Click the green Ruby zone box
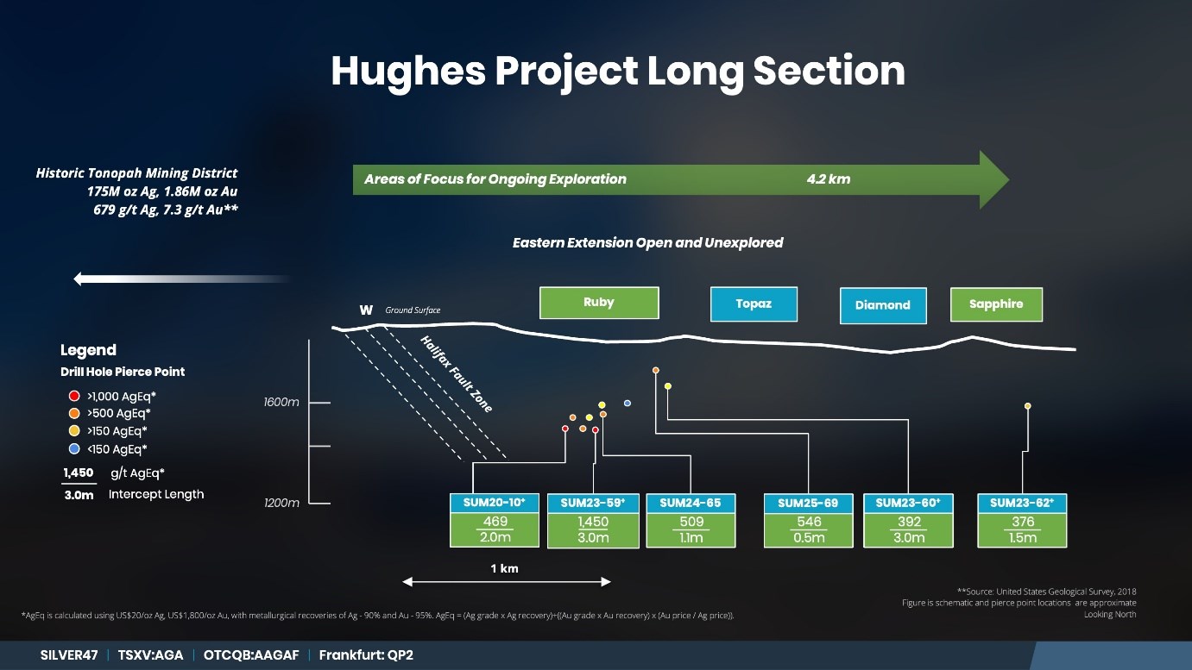click(x=599, y=304)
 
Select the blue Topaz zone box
click(x=754, y=304)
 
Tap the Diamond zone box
click(x=883, y=306)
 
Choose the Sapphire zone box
click(x=996, y=304)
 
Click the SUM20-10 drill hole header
click(x=495, y=503)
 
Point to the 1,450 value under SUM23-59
click(x=593, y=522)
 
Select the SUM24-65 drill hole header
click(x=691, y=503)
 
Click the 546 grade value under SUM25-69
click(x=809, y=522)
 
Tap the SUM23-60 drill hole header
click(x=908, y=503)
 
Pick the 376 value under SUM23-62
click(x=1023, y=522)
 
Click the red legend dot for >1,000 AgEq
click(x=74, y=396)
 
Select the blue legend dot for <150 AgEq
click(x=74, y=448)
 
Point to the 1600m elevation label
click(x=281, y=402)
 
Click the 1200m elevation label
click(x=281, y=503)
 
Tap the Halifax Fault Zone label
click(x=456, y=374)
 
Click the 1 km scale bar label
click(x=504, y=568)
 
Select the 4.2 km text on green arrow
click(x=829, y=179)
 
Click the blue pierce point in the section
click(x=628, y=403)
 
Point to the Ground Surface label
click(x=413, y=310)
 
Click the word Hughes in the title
click(x=408, y=72)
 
